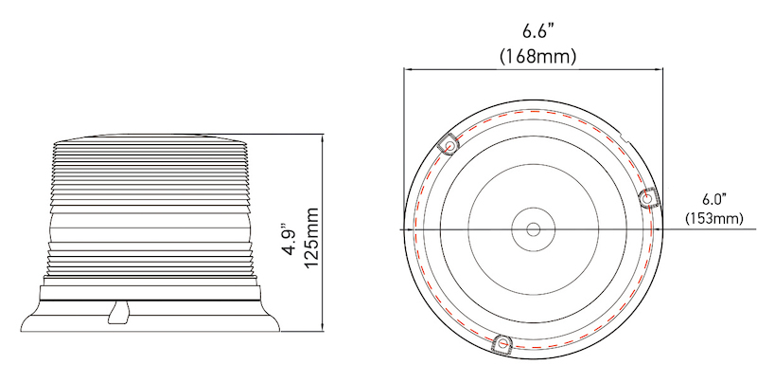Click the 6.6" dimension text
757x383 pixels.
click(x=537, y=29)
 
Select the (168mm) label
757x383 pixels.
click(x=537, y=56)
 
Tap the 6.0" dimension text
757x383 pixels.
click(x=713, y=199)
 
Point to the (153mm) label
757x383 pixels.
click(x=713, y=219)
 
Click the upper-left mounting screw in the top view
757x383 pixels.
click(x=449, y=146)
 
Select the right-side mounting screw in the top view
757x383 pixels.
click(x=650, y=196)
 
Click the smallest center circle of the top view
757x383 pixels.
click(x=533, y=229)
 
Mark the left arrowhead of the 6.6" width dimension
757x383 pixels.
click(x=409, y=69)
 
